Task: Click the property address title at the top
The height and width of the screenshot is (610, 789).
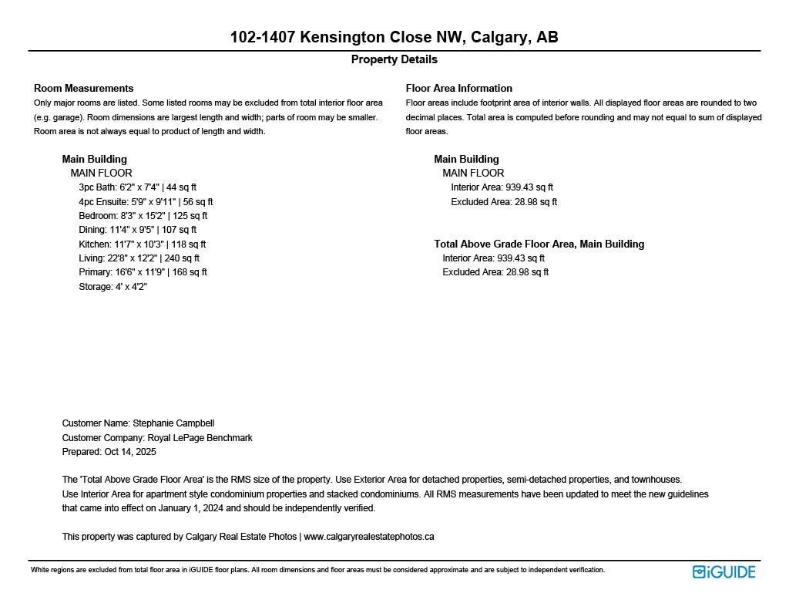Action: click(394, 37)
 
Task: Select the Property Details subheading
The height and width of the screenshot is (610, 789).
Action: click(394, 59)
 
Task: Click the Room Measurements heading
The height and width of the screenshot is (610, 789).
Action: click(83, 88)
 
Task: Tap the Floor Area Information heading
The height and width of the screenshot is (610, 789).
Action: click(458, 88)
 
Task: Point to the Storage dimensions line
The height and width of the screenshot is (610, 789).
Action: click(112, 287)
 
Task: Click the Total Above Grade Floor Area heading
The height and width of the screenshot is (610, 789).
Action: click(539, 244)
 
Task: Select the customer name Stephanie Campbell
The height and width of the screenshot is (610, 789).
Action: click(173, 423)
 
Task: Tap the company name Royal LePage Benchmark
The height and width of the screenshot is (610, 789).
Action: click(200, 438)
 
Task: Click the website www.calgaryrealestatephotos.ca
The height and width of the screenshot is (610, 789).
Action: click(369, 537)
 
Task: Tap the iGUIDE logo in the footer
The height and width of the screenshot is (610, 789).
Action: click(724, 571)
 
